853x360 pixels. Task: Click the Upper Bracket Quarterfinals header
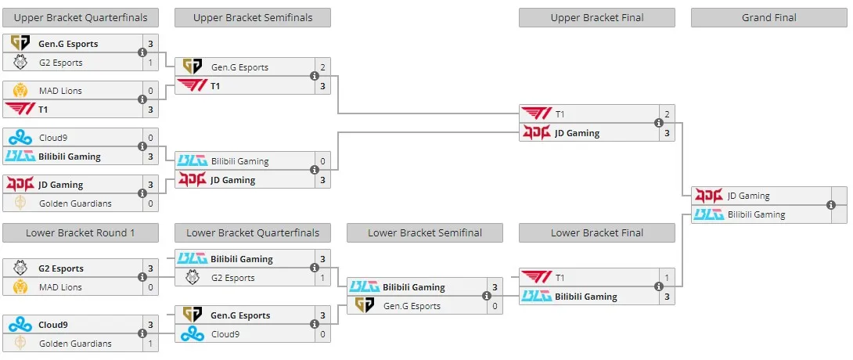click(x=81, y=17)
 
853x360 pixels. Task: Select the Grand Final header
click(x=768, y=17)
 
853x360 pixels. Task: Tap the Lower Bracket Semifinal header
click(x=425, y=232)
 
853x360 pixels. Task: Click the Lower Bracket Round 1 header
click(x=81, y=232)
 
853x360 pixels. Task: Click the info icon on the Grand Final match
click(x=830, y=205)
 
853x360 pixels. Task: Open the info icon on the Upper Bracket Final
click(x=659, y=124)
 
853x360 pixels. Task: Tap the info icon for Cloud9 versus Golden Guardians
click(x=142, y=334)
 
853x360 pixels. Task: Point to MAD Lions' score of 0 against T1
click(x=151, y=91)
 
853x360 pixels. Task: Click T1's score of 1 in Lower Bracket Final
click(x=667, y=278)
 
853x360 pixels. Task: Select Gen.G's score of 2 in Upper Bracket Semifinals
click(x=322, y=67)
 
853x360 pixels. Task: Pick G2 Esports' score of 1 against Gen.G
click(x=151, y=63)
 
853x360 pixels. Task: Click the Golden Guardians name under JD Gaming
click(x=75, y=203)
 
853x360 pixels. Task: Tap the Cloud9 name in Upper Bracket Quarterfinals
click(x=53, y=138)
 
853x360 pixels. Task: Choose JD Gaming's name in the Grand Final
click(x=749, y=196)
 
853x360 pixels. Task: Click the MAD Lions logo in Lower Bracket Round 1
click(x=20, y=287)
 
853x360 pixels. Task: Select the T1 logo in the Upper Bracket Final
click(x=536, y=114)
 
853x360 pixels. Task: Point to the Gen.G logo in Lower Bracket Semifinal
click(x=365, y=306)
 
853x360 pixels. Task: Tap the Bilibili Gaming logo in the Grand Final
click(x=709, y=214)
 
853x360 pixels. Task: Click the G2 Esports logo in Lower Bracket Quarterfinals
click(x=193, y=278)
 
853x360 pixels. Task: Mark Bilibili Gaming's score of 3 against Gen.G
click(x=495, y=287)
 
